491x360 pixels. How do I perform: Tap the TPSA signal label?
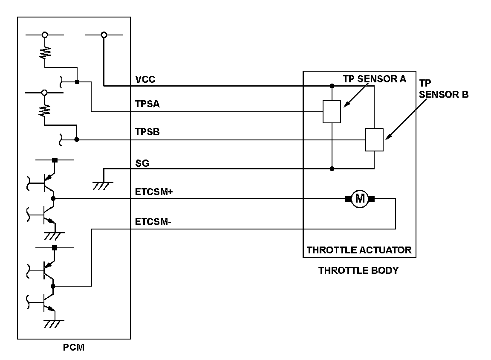147,104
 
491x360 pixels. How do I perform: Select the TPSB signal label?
147,132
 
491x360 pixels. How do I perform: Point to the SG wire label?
142,163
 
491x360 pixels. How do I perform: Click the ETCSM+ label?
154,192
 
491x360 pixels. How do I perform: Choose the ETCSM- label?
153,222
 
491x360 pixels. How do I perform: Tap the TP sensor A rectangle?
332,112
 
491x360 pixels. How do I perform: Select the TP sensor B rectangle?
374,140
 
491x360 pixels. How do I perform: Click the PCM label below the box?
74,347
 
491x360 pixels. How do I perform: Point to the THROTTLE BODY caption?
358,270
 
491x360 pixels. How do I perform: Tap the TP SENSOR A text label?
375,79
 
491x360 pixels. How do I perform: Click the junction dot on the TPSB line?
77,139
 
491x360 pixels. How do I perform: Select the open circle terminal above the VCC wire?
104,35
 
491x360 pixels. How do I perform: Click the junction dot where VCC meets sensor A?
332,86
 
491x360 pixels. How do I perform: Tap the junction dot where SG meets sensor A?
332,168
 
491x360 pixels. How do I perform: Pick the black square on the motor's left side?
348,198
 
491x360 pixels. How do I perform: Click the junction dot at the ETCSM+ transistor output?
53,198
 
